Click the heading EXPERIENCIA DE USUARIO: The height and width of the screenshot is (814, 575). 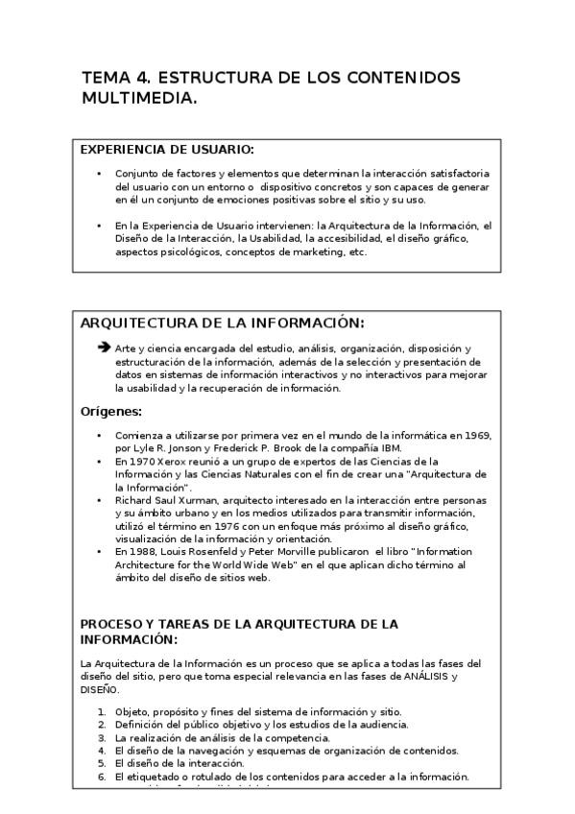pos(167,151)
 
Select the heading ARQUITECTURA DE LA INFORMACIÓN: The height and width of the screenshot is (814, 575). pos(222,323)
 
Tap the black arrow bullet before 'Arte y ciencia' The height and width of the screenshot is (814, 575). pos(105,347)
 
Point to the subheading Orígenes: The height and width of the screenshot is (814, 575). pos(110,412)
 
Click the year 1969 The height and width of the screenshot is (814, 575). pos(478,436)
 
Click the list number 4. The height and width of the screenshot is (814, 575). pos(103,751)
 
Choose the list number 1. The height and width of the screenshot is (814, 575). pos(103,711)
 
